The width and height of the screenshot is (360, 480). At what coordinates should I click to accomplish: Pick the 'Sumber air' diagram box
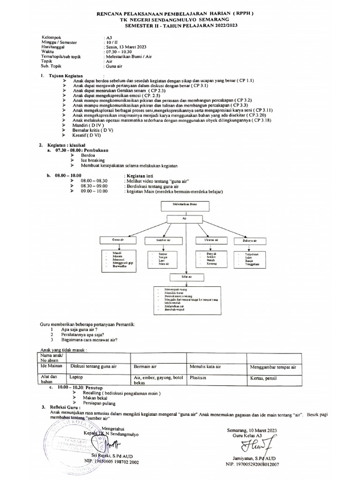164,240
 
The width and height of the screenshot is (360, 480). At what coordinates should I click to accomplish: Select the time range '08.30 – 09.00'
94,186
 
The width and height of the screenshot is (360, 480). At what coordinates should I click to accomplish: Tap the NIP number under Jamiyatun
252,464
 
